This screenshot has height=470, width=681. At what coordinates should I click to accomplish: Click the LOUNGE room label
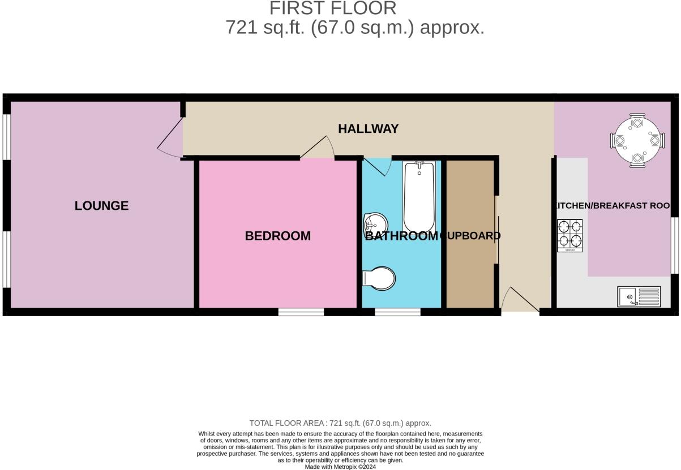coord(101,206)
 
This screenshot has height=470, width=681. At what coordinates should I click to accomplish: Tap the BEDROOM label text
coord(277,236)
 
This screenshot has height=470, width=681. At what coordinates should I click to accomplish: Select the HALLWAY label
coord(368,129)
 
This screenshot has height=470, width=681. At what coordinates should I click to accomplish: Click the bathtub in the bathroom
coord(418,195)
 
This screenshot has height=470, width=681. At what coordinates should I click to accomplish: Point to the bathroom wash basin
coord(374,224)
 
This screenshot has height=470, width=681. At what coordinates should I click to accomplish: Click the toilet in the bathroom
coord(379,278)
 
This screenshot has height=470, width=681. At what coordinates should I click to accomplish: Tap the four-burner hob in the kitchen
coord(570,235)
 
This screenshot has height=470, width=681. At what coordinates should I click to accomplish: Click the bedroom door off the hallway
coord(319,148)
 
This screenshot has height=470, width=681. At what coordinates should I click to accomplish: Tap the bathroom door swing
coord(376,166)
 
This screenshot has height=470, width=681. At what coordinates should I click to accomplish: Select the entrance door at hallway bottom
coord(520,300)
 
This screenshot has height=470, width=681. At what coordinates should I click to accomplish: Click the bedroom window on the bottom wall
coord(301,312)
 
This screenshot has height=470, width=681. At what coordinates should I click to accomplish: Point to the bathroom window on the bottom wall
coord(397,312)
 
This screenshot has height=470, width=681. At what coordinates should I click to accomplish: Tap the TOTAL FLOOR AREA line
coord(340,423)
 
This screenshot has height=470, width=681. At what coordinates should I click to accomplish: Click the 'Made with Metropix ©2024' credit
coord(340,467)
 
